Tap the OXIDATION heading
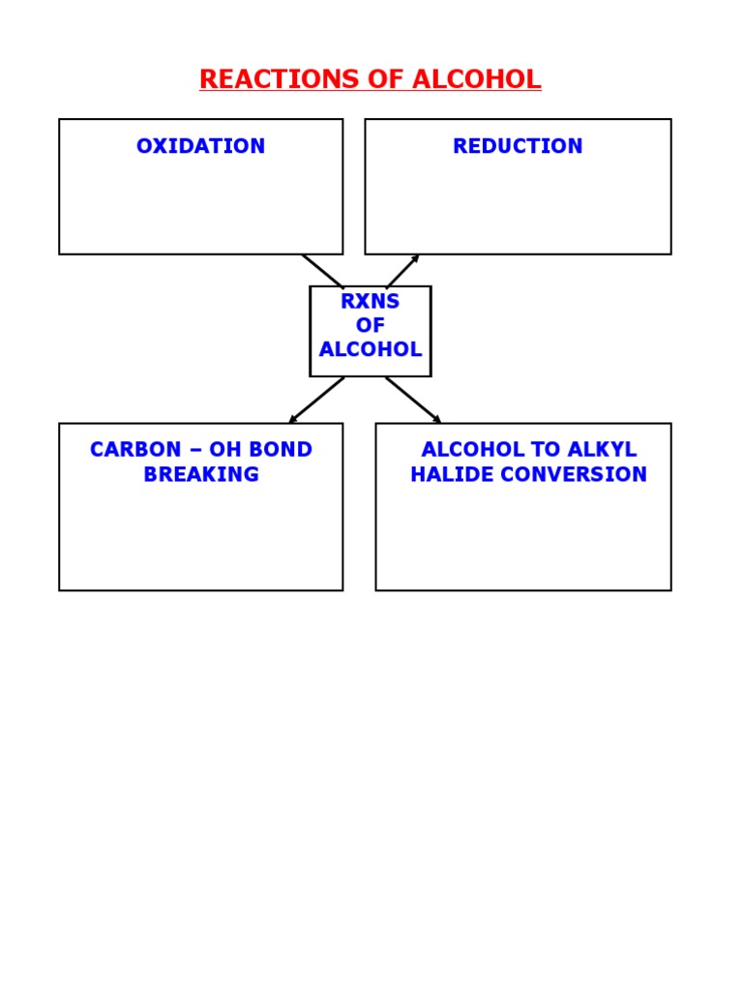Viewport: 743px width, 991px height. [200, 146]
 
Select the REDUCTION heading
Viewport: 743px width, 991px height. [518, 146]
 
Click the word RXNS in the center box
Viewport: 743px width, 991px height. [370, 301]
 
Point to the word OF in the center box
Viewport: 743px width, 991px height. [370, 326]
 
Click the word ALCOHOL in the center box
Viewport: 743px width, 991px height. [370, 350]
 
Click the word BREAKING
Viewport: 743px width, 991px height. [201, 474]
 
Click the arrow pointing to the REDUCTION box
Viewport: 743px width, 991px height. [402, 271]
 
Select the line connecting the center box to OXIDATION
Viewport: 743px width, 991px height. [322, 270]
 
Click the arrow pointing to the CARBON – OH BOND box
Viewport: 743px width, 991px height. [316, 400]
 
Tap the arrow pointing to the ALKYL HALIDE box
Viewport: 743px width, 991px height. [413, 400]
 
